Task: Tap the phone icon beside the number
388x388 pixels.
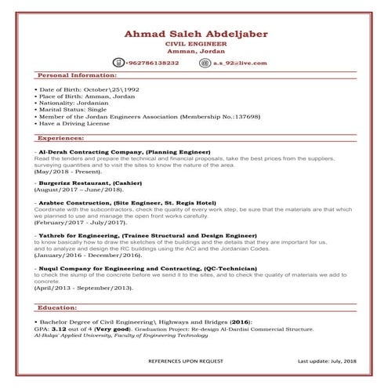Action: point(119,63)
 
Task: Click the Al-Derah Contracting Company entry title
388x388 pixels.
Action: point(123,150)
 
